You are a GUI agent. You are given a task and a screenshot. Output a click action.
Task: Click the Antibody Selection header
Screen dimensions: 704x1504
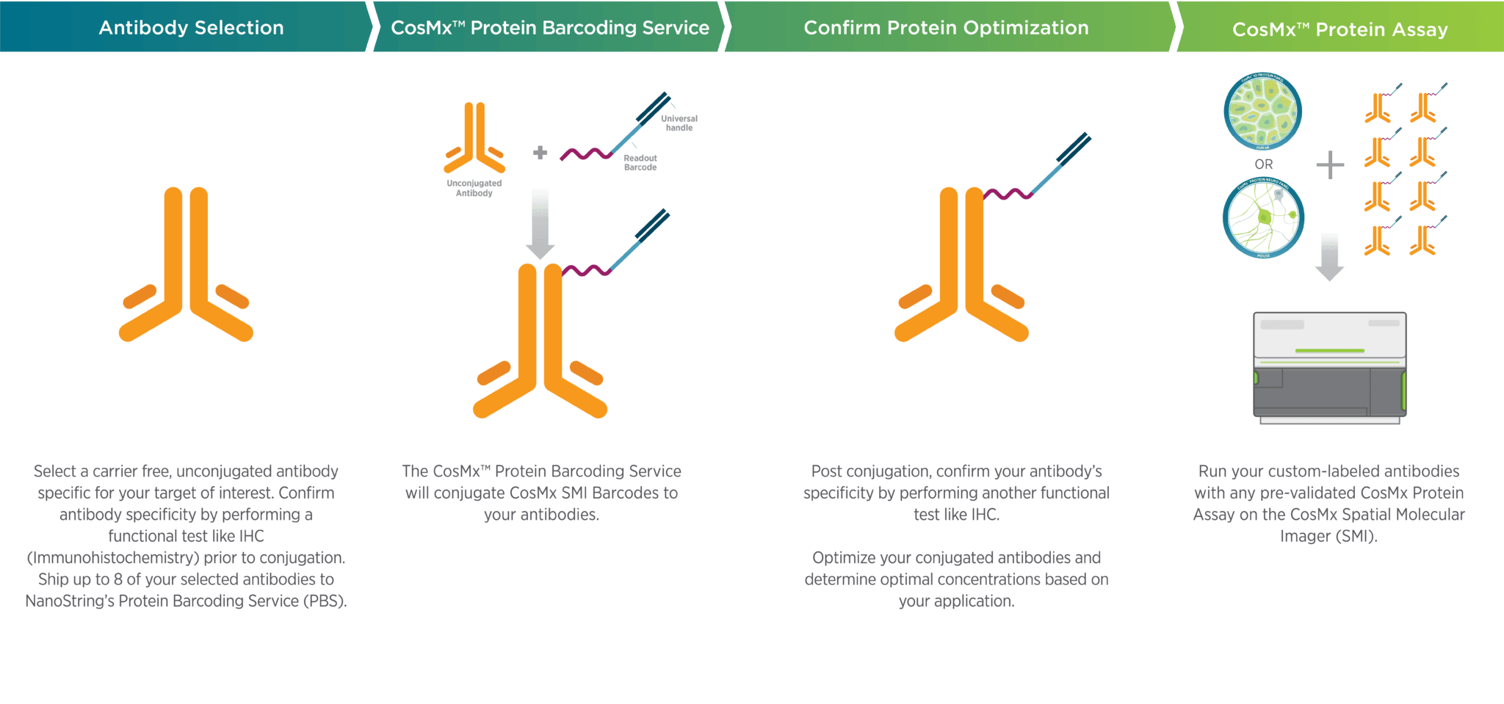point(191,27)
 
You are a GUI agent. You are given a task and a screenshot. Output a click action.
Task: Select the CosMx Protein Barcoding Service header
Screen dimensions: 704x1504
point(549,27)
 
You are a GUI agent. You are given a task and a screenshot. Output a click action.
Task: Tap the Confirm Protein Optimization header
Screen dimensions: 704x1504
point(946,27)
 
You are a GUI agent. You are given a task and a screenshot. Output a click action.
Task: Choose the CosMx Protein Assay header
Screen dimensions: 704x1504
point(1339,29)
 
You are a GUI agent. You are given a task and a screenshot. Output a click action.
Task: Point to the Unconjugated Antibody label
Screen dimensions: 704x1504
point(474,188)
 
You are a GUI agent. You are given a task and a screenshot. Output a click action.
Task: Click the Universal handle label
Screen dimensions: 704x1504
point(679,123)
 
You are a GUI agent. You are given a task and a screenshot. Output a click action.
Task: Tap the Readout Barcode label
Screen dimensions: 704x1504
point(640,162)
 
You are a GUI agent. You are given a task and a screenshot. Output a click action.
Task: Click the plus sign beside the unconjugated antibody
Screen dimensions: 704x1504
point(540,153)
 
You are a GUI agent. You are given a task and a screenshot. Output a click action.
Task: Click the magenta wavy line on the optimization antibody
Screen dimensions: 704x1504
point(1008,194)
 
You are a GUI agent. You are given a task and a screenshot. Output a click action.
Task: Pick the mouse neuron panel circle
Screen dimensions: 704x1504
point(1263,219)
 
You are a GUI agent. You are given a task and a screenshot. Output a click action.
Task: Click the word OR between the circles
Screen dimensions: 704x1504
point(1264,164)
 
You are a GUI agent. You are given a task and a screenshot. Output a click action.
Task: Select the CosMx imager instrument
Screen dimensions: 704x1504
point(1329,367)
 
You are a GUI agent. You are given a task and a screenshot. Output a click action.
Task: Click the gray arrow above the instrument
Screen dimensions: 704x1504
point(1329,257)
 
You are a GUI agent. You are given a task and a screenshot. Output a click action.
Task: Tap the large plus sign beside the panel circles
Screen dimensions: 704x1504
point(1330,164)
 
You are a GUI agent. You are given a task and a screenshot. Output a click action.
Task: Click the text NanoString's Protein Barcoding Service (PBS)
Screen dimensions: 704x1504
point(186,601)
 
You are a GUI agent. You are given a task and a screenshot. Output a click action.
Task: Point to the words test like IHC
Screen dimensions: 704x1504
point(956,515)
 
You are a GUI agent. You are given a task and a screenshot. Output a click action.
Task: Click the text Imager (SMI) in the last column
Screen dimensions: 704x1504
point(1328,537)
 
